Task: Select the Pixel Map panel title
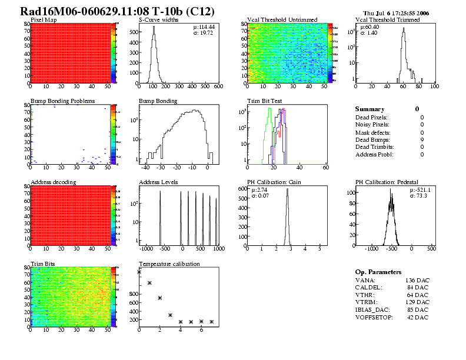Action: (x=44, y=20)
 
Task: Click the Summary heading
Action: (x=370, y=109)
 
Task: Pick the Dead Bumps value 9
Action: (x=422, y=139)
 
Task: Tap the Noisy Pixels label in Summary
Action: (x=372, y=125)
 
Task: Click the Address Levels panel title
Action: (x=158, y=182)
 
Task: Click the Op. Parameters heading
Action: (x=378, y=272)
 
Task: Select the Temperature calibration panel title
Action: (x=169, y=264)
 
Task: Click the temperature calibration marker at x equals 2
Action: (x=159, y=298)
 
